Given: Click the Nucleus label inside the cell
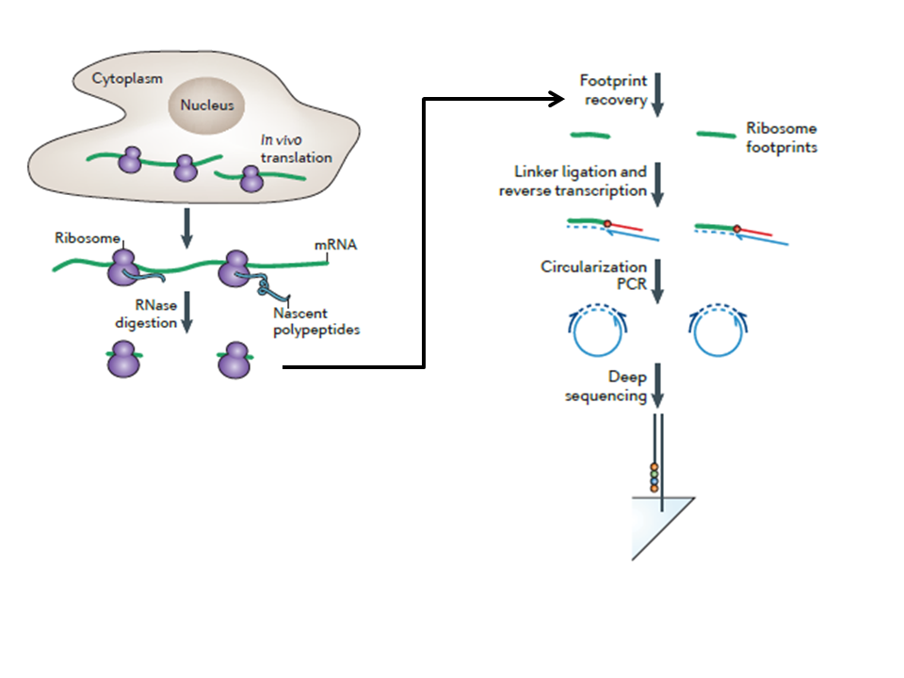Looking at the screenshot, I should click(207, 106).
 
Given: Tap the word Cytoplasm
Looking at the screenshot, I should click(126, 76).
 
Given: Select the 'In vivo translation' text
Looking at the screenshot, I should click(296, 149).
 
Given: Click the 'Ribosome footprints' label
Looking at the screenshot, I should click(782, 137).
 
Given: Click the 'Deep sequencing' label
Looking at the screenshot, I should click(605, 386).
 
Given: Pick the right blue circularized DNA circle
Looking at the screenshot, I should click(721, 330).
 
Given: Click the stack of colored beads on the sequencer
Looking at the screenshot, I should click(654, 477).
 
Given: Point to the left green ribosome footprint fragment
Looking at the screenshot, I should click(590, 135).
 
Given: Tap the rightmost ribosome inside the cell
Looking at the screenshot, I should click(250, 179).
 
